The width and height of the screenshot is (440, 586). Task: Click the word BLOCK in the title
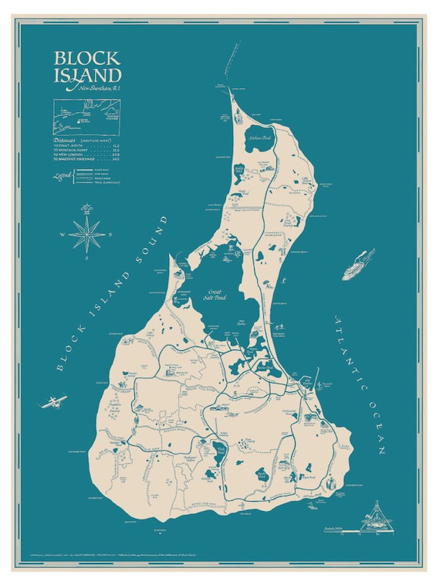(86, 59)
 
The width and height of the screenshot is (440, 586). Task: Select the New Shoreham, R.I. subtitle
(100, 90)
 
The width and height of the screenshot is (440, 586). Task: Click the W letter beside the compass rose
(62, 233)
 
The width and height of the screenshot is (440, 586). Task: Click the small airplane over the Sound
(54, 401)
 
